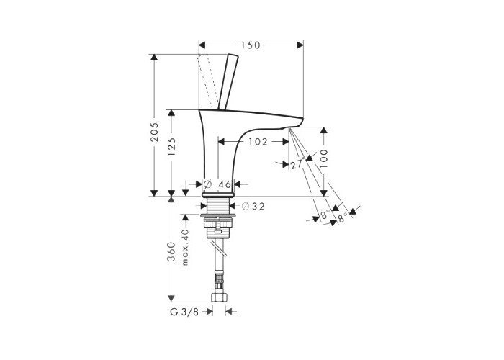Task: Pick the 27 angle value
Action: [295, 165]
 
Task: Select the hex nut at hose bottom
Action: [218, 296]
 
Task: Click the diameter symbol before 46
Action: [208, 184]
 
